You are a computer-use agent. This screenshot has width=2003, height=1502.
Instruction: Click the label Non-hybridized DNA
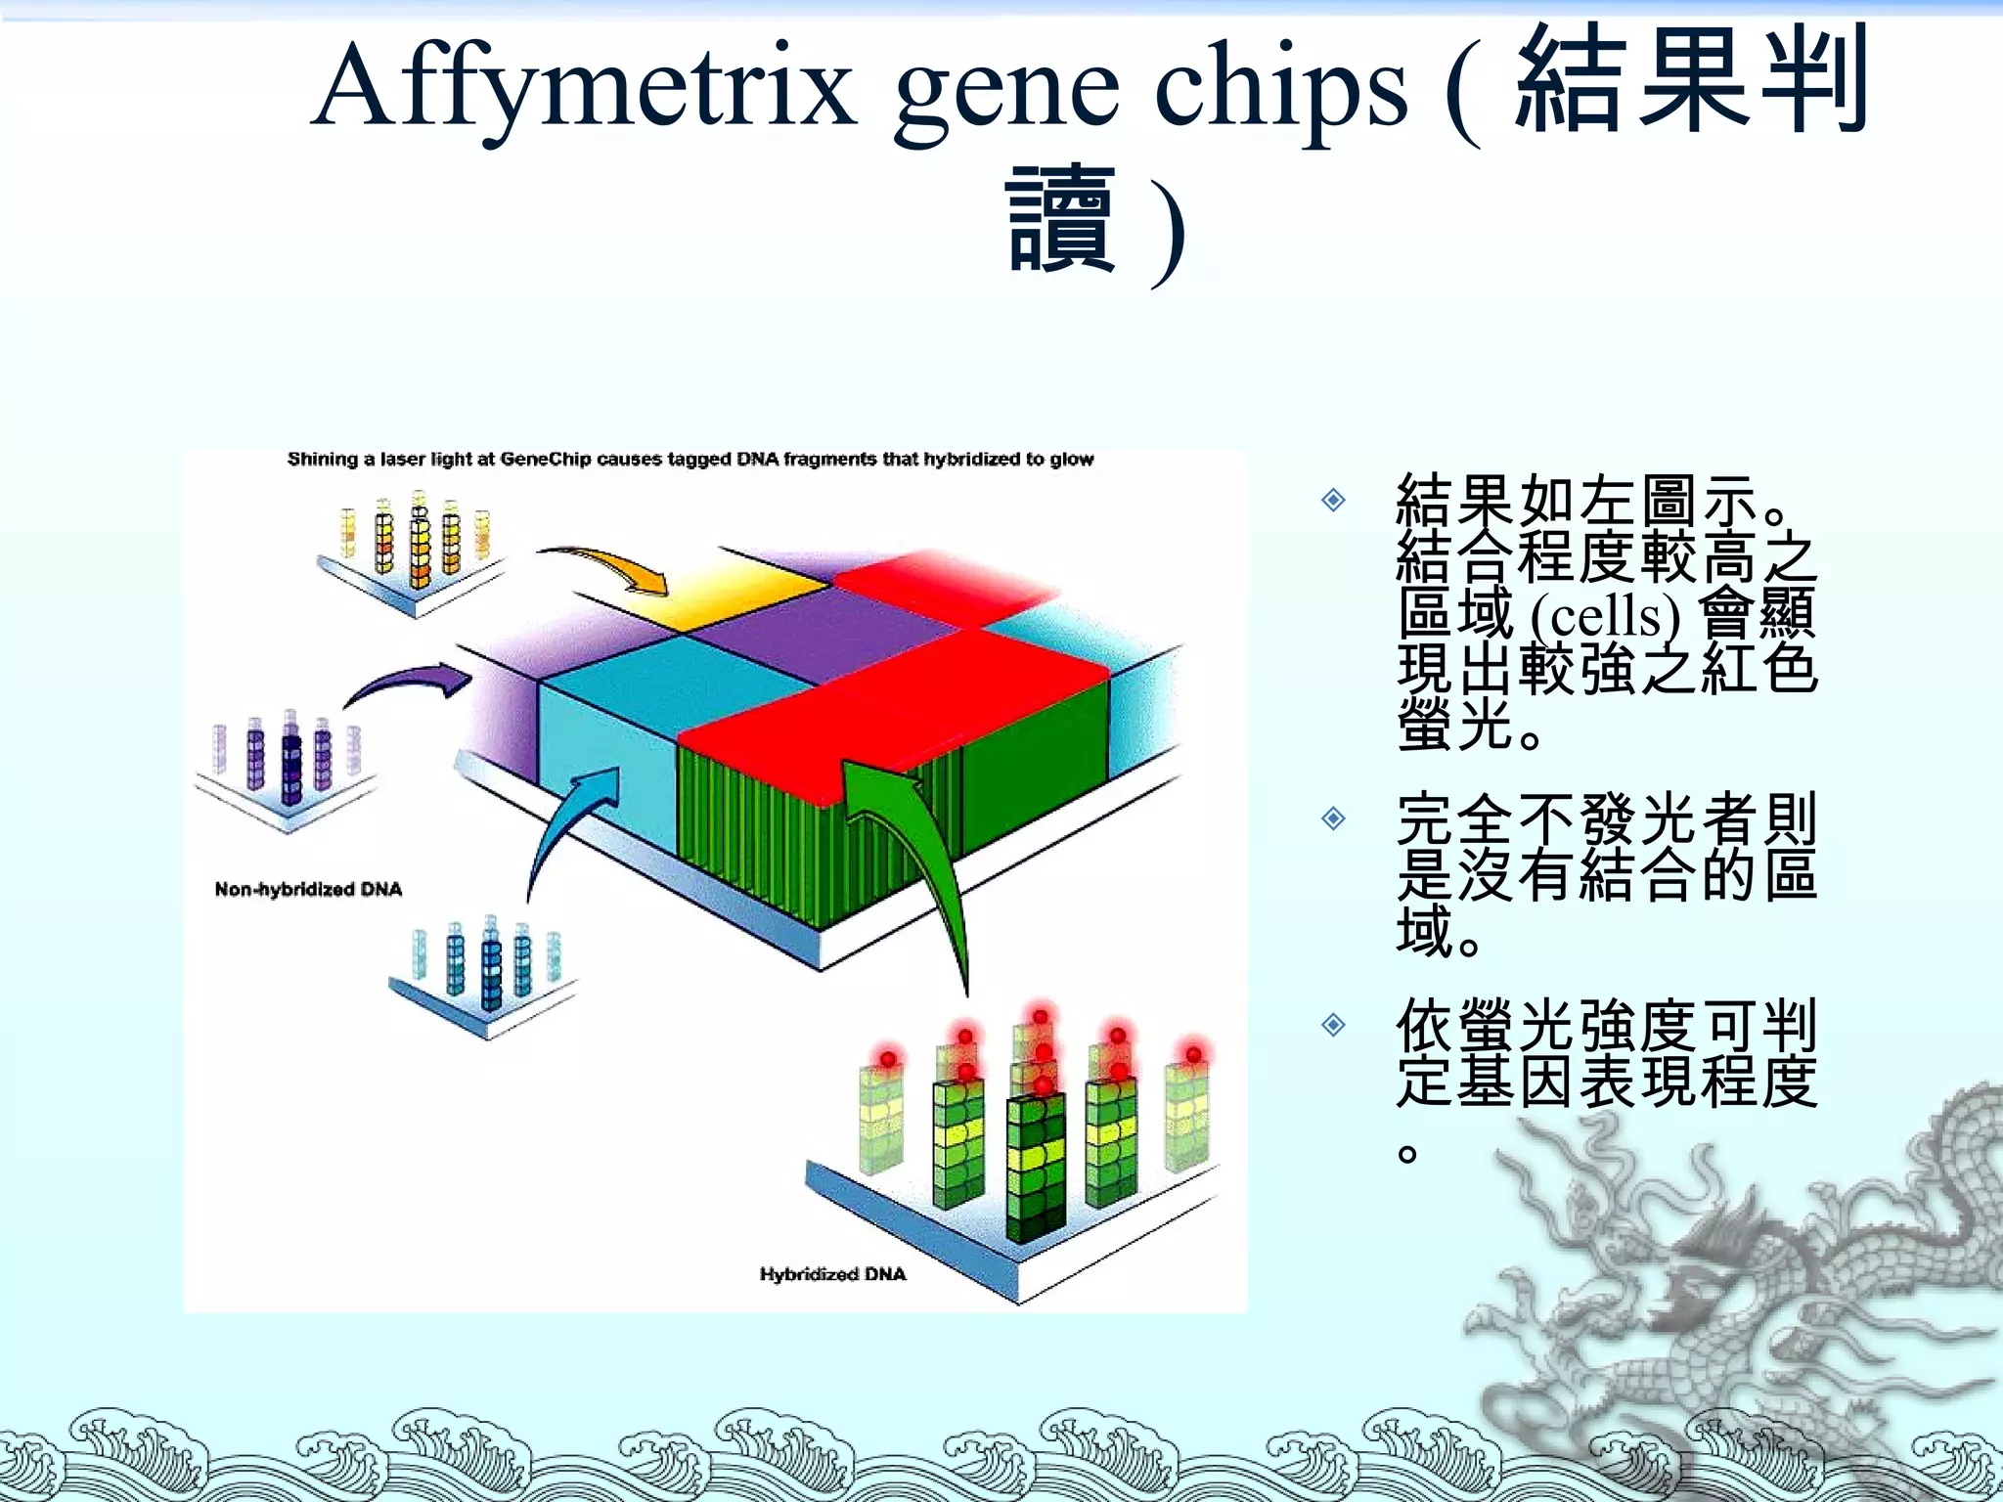coord(308,889)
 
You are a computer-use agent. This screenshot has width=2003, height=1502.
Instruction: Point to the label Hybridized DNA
coord(832,1274)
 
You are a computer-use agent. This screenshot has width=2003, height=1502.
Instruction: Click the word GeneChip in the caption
coord(547,460)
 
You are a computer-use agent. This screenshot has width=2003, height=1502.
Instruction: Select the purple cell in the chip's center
coord(812,631)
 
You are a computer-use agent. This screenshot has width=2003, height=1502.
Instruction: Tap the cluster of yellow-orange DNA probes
coord(416,543)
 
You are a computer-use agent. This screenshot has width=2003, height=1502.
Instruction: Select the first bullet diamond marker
coord(1333,501)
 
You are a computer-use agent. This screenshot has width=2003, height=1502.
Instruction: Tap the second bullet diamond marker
coord(1333,817)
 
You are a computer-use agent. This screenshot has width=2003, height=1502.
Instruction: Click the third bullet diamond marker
coord(1333,1024)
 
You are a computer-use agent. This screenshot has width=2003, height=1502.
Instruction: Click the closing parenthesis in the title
coord(1169,233)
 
